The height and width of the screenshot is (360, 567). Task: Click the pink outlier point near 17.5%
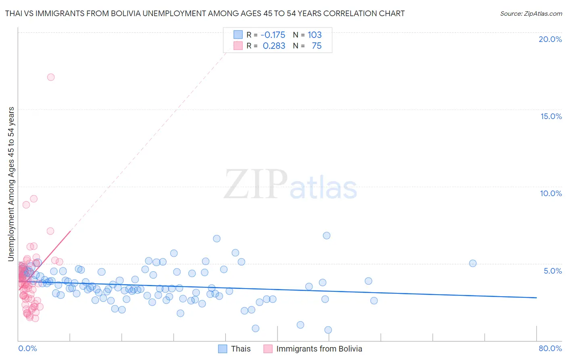[x=51, y=77]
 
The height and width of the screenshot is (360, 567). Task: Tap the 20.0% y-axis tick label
[x=550, y=39]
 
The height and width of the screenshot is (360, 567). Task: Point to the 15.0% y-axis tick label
[x=551, y=116]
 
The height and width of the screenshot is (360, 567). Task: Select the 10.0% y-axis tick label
[x=551, y=193]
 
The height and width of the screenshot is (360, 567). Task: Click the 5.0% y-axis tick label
[x=552, y=271]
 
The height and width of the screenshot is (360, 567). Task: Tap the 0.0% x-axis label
[x=27, y=348]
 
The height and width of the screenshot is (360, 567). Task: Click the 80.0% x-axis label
[x=550, y=348]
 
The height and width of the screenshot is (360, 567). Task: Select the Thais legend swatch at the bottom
[x=223, y=349]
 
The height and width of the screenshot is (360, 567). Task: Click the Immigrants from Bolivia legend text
[x=319, y=349]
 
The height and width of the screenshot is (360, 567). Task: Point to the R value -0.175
[x=273, y=35]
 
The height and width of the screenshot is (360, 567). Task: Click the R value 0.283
[x=274, y=46]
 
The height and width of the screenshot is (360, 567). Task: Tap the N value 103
[x=315, y=35]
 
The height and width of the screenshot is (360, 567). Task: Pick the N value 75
[x=317, y=46]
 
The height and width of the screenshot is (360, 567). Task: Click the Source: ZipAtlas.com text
[x=531, y=13]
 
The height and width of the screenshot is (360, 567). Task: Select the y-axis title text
[x=11, y=184]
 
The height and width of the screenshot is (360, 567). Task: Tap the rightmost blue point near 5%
[x=473, y=263]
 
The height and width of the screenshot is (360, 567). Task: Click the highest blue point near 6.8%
[x=327, y=235]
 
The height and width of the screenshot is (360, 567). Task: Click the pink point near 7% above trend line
[x=50, y=231]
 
